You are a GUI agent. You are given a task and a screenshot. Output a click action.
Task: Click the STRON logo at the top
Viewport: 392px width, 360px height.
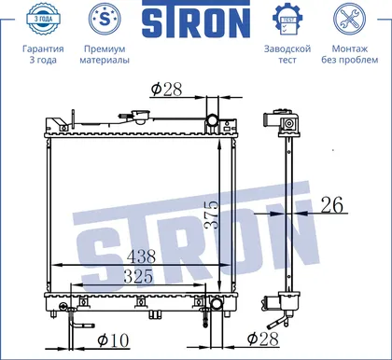tap(196, 20)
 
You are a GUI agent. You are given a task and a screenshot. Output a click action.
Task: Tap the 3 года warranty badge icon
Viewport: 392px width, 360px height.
tap(43, 19)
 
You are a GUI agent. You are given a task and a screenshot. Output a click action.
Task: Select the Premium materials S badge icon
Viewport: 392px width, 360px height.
tap(105, 19)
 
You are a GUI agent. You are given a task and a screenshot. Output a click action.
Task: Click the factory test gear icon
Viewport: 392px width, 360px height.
tap(287, 19)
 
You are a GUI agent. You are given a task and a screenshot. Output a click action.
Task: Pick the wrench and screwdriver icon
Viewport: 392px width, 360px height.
tap(350, 19)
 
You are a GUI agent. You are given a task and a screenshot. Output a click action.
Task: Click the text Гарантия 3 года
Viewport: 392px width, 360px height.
tap(43, 54)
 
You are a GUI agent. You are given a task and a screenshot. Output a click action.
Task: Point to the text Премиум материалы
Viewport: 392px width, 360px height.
tap(105, 54)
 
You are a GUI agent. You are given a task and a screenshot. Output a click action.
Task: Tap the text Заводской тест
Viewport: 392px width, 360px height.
tap(287, 54)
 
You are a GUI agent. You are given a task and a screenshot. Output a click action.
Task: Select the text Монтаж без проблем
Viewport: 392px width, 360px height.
tap(350, 54)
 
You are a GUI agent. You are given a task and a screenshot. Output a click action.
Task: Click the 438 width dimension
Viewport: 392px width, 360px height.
tap(141, 256)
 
